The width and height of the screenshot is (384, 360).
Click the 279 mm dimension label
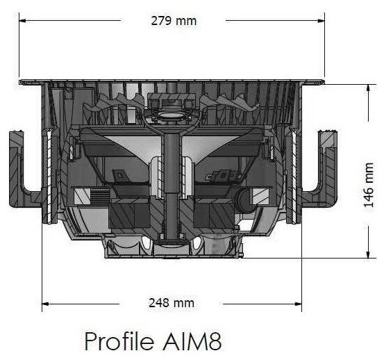click(x=174, y=21)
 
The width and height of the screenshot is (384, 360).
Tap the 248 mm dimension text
click(x=172, y=303)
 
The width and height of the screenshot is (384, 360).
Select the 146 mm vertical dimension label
click(x=369, y=185)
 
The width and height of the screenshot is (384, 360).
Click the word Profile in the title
click(x=119, y=341)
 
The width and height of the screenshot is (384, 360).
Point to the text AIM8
click(x=192, y=341)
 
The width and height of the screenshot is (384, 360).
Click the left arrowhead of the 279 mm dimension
click(x=22, y=21)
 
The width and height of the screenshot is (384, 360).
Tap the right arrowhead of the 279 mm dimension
click(x=321, y=21)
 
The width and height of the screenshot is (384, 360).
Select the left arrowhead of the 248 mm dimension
click(x=45, y=304)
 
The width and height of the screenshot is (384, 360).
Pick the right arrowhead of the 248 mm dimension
click(x=299, y=304)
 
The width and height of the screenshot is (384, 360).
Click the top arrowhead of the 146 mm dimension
click(x=368, y=88)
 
